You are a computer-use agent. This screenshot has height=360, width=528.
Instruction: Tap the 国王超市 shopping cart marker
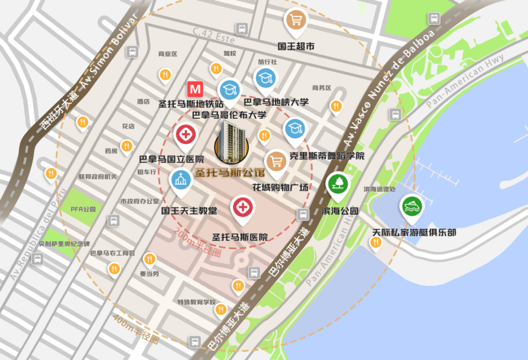[x=296, y=20]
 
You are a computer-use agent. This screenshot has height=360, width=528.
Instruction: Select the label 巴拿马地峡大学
[x=276, y=103]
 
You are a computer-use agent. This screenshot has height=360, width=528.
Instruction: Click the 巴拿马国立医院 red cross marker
[x=186, y=134]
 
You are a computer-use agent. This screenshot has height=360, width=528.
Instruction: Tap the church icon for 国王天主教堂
[x=180, y=179]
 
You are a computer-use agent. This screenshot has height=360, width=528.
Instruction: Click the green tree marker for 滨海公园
[x=338, y=184]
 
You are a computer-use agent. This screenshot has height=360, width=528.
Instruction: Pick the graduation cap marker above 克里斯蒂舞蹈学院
[x=295, y=129]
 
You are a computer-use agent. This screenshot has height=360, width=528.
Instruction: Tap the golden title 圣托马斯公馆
[x=229, y=172]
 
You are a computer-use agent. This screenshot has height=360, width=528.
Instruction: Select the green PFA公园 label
[x=83, y=209]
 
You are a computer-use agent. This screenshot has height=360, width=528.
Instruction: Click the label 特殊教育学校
[x=196, y=302]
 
